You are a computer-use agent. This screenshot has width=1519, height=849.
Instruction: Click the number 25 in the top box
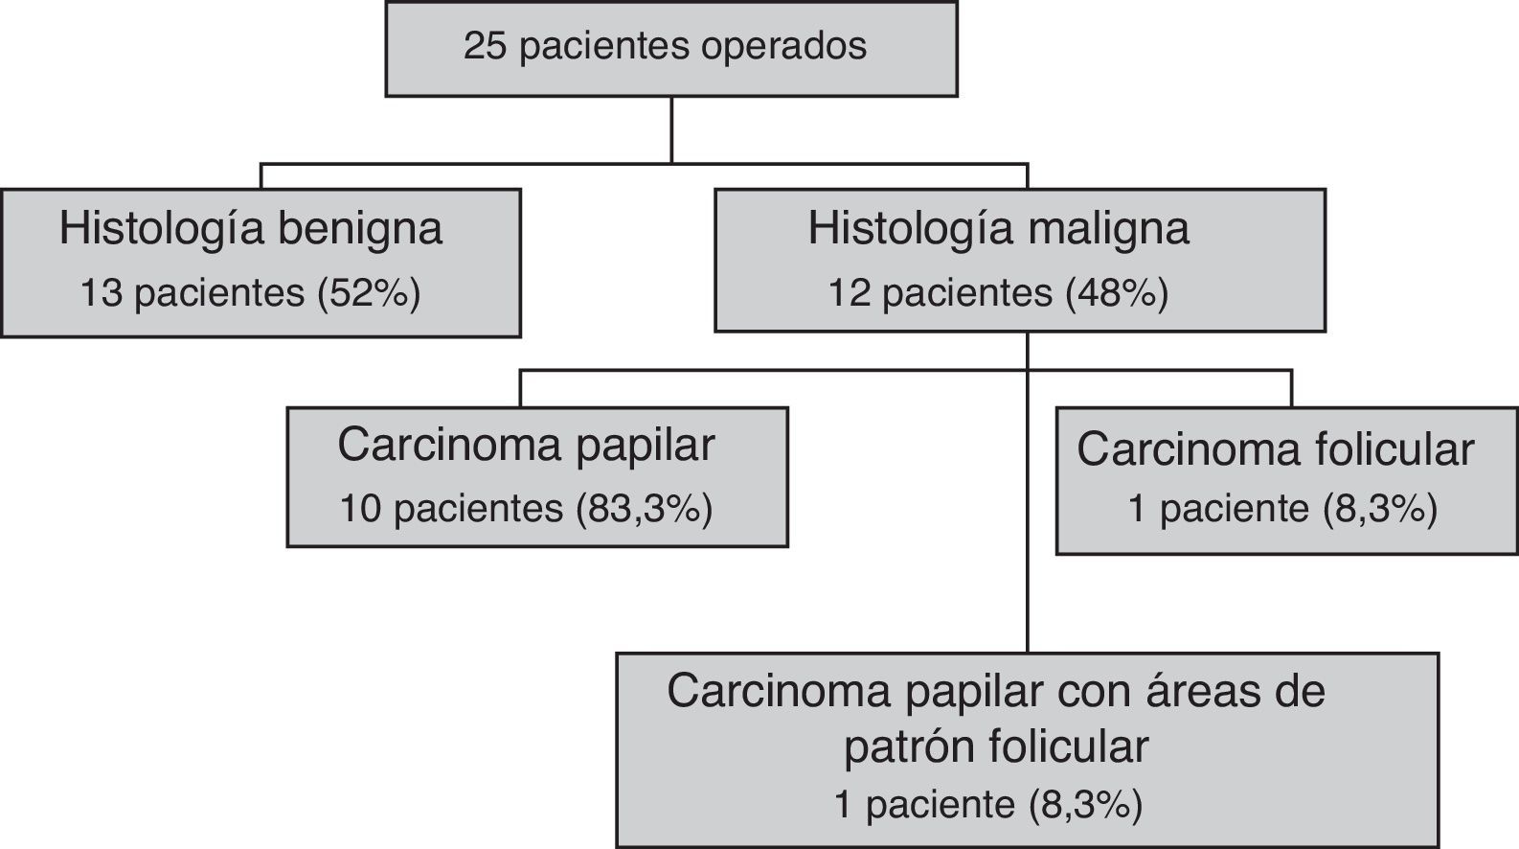pos(485,46)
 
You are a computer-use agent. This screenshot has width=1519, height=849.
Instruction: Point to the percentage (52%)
pos(369,293)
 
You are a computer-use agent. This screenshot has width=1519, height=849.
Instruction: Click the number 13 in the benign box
pos(101,293)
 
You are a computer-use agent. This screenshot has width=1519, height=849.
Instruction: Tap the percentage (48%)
pos(1117,293)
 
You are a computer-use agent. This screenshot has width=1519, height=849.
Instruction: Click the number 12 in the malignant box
pos(850,293)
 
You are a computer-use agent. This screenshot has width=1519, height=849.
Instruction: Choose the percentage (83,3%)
pos(645,509)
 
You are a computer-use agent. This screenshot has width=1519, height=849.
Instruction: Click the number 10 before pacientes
pos(361,509)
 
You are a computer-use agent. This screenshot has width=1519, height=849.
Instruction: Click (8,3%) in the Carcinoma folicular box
pos(1380,509)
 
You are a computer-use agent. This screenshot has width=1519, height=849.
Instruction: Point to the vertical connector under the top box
pos(671,129)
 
